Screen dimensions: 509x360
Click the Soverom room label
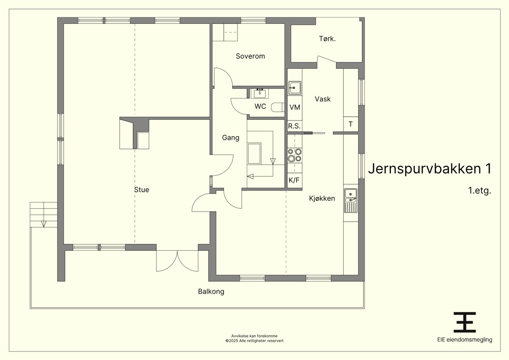(250, 56)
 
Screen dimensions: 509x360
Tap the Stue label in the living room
(142, 190)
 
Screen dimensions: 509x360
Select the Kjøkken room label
(322, 198)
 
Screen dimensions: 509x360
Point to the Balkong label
(211, 291)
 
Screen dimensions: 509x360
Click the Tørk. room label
(327, 38)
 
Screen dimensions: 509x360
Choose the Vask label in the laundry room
(323, 99)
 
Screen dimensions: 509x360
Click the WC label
(260, 106)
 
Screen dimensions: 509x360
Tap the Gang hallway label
(231, 138)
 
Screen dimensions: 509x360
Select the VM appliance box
(295, 107)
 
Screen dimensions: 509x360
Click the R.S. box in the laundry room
(295, 126)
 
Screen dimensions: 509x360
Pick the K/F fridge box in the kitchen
(295, 180)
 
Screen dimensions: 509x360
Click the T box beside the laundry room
(351, 124)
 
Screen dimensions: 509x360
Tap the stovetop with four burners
(295, 155)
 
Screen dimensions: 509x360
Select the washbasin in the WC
(260, 93)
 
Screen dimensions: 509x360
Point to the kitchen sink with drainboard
(351, 201)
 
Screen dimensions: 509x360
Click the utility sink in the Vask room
(295, 88)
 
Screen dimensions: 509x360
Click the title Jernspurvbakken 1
(429, 169)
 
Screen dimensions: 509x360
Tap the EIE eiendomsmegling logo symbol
(464, 322)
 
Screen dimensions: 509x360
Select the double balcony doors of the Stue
(177, 261)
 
